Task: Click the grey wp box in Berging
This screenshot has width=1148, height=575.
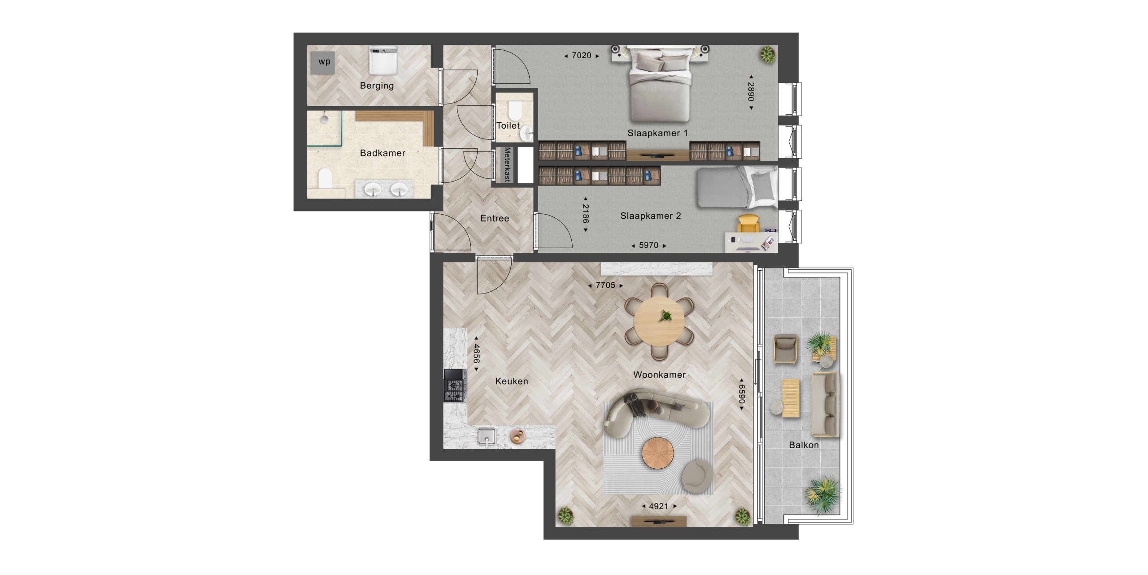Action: (323, 62)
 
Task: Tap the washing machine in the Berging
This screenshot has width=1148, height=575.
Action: (383, 61)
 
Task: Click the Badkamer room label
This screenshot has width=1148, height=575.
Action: (383, 153)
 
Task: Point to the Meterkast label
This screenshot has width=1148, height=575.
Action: (507, 164)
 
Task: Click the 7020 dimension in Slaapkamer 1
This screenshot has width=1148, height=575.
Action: (581, 56)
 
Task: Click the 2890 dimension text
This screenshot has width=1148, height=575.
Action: (751, 91)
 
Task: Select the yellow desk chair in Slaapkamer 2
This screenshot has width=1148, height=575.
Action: (748, 223)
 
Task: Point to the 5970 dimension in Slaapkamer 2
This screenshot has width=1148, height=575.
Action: (648, 245)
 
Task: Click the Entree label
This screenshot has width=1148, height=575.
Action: (495, 218)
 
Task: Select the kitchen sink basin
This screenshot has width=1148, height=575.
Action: (487, 436)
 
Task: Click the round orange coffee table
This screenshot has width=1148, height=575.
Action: (658, 453)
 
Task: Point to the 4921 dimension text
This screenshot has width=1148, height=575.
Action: (658, 506)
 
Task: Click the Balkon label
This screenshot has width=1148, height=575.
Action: (804, 445)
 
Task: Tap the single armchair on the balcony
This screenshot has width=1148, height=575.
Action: (785, 348)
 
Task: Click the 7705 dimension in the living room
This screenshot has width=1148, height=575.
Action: (605, 285)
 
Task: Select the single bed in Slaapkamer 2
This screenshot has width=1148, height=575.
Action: (737, 187)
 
